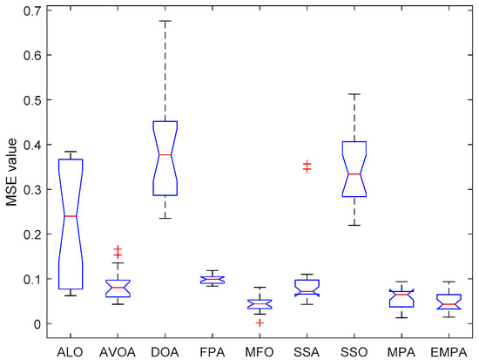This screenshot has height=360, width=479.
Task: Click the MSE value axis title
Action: tap(10, 166)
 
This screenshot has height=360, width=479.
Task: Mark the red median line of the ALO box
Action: tap(70, 216)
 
